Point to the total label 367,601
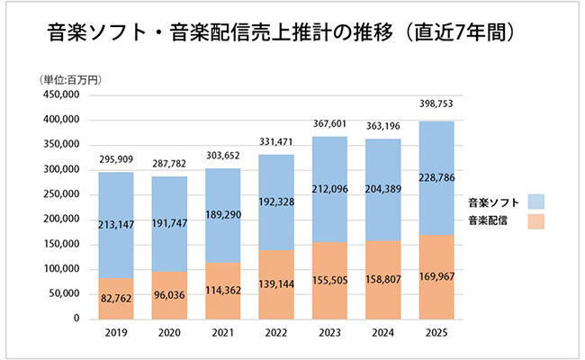pyautogui.click(x=330, y=123)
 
